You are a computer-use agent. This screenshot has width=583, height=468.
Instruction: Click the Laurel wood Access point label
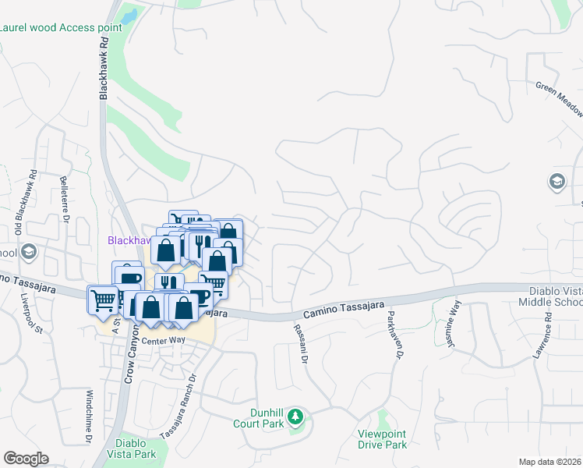[62, 27]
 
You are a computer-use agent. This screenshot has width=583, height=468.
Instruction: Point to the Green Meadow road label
[559, 98]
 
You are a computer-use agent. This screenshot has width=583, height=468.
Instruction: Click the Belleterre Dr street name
[63, 200]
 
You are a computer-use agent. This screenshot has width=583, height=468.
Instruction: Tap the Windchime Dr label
[90, 417]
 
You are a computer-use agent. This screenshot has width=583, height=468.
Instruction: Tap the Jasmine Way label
[450, 321]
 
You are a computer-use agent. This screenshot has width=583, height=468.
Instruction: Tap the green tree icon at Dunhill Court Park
[295, 416]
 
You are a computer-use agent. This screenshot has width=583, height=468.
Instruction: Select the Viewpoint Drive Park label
[383, 439]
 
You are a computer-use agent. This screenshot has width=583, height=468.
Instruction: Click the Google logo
[26, 459]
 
